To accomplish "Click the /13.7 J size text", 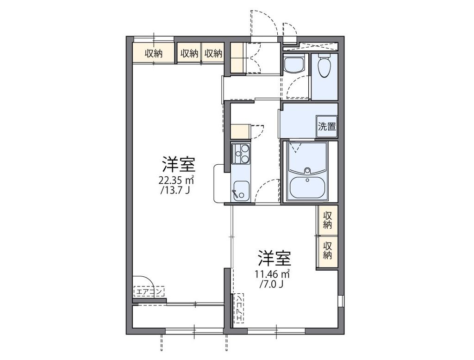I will click(175, 190).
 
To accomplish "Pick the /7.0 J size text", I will click(271, 283).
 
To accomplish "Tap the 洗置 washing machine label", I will click(327, 127).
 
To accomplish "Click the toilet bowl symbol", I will click(324, 68).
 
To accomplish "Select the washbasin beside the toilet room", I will click(293, 64).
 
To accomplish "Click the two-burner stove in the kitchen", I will click(240, 154).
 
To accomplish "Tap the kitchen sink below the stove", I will click(240, 191).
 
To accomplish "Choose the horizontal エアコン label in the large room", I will click(149, 292).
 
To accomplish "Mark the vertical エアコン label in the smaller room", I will click(239, 308).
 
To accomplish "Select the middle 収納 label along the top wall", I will click(189, 53).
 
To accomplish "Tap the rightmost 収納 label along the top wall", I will click(213, 53).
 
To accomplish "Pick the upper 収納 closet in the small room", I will click(327, 220).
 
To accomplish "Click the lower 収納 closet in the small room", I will click(327, 250).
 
